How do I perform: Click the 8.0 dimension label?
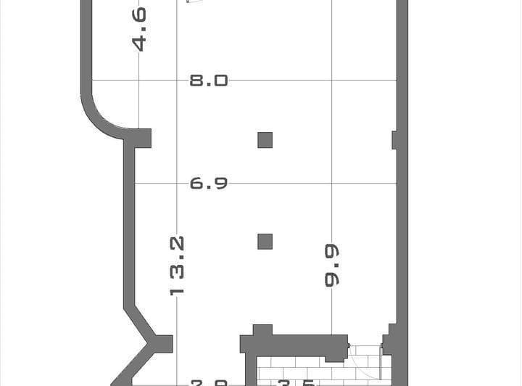(x=209, y=80)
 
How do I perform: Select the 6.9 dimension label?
(x=209, y=184)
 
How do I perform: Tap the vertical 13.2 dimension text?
(x=177, y=265)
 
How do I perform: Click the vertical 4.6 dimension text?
(x=138, y=29)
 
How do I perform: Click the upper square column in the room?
(x=265, y=140)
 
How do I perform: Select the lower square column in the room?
(x=265, y=242)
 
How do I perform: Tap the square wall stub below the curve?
(x=142, y=138)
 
